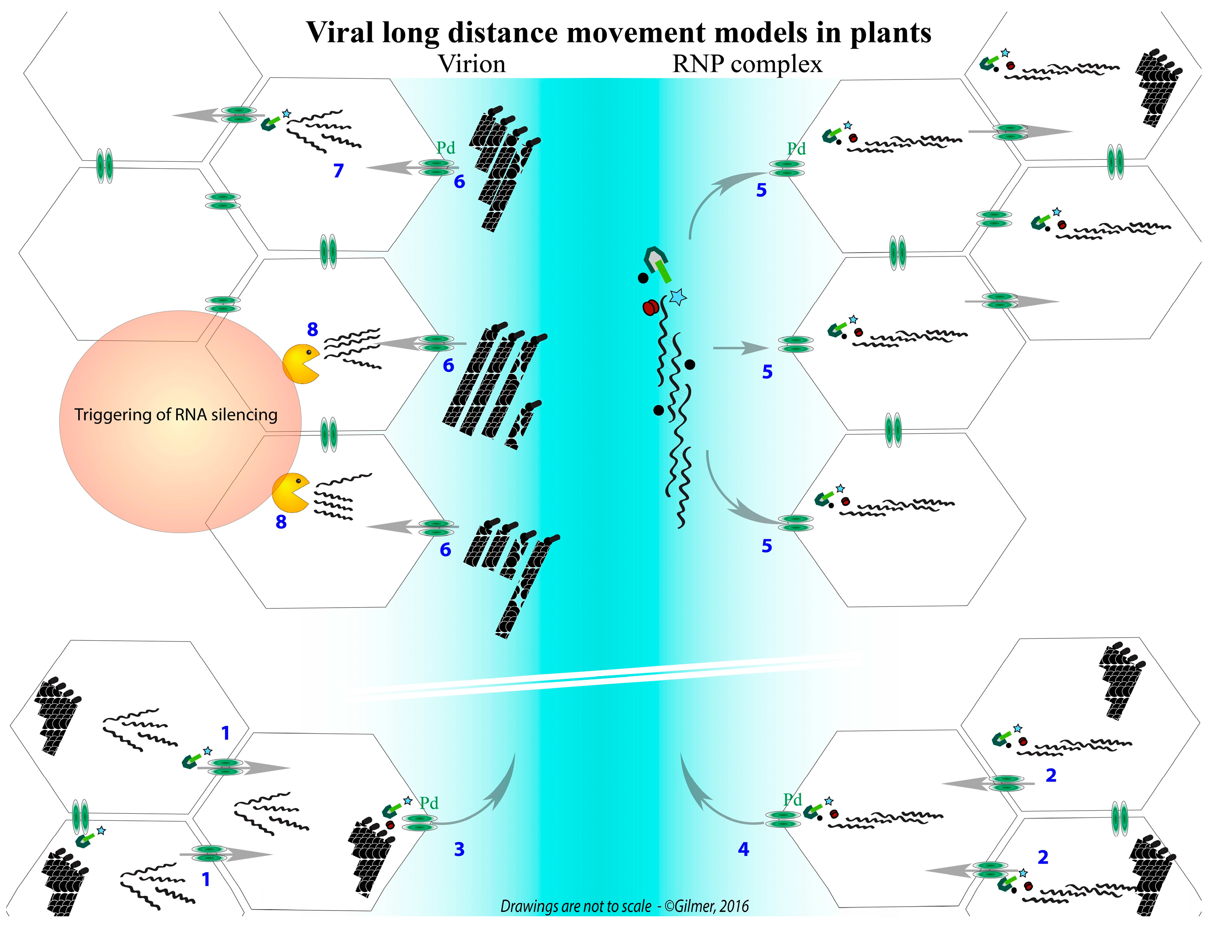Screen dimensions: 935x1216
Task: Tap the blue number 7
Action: tap(338, 170)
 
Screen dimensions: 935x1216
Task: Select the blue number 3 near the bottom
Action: tap(459, 849)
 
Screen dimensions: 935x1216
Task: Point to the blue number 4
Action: tap(744, 849)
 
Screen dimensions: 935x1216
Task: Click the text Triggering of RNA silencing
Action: tap(176, 415)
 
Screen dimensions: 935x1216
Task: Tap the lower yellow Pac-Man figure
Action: tap(290, 493)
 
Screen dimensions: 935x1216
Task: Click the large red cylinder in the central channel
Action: tap(650, 307)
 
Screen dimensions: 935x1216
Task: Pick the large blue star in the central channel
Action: tap(677, 297)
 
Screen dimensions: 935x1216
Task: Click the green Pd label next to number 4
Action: tap(792, 800)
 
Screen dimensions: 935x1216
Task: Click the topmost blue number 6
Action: tap(459, 182)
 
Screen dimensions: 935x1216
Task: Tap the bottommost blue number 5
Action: tap(767, 546)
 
